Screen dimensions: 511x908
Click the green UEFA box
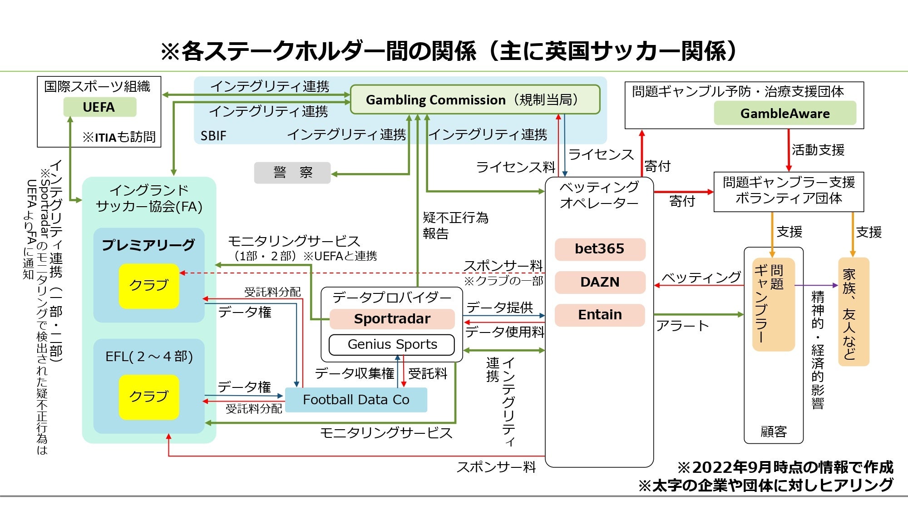pyautogui.click(x=99, y=107)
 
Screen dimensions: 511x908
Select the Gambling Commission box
pyautogui.click(x=475, y=99)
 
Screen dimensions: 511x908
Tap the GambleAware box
pyautogui.click(x=785, y=114)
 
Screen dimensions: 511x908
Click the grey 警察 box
pyautogui.click(x=292, y=173)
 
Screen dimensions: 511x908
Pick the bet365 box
pyautogui.click(x=599, y=249)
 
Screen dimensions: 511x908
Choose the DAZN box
pyautogui.click(x=599, y=282)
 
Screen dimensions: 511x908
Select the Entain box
pyautogui.click(x=599, y=315)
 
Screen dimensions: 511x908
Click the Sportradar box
pyautogui.click(x=392, y=319)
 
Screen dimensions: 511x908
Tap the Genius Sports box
pyautogui.click(x=392, y=345)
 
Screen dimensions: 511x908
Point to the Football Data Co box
pyautogui.click(x=356, y=400)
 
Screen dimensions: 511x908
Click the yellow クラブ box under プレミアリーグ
pyautogui.click(x=149, y=286)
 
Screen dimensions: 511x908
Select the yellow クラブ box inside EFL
pyautogui.click(x=149, y=397)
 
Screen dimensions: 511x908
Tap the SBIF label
pyautogui.click(x=213, y=136)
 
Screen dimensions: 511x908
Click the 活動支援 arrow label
pyautogui.click(x=818, y=150)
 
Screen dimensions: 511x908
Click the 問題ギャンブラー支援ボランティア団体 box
pyautogui.click(x=789, y=191)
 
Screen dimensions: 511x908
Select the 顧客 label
pyautogui.click(x=773, y=432)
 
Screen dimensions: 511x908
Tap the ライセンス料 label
pyautogui.click(x=515, y=168)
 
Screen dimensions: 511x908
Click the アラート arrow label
pyautogui.click(x=682, y=326)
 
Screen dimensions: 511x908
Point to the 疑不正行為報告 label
pyautogui.click(x=455, y=225)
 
